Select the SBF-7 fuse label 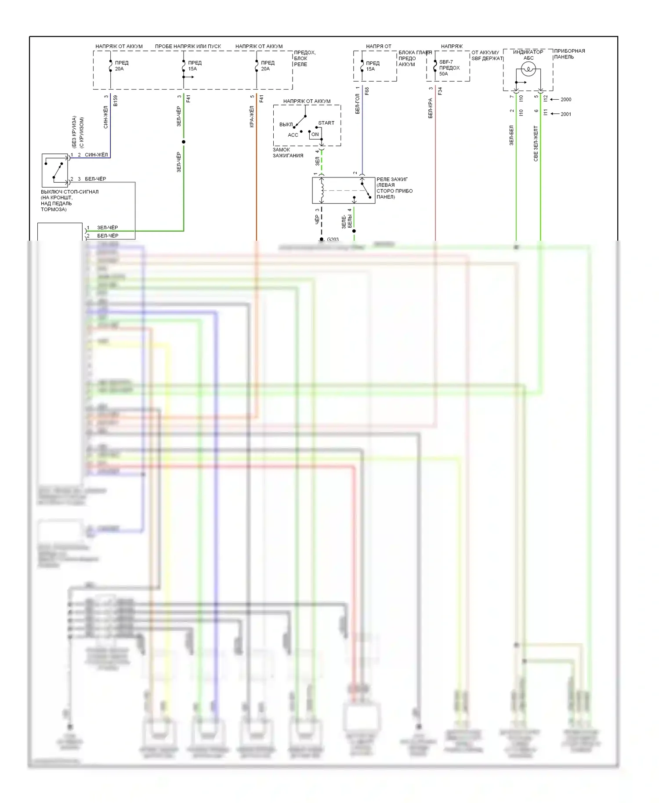[446, 62]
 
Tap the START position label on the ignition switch [326, 123]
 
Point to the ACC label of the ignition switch [293, 135]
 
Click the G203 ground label [333, 240]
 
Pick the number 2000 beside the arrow [566, 100]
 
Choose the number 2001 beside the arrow [566, 114]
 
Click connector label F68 [367, 91]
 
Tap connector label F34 [440, 91]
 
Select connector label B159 [116, 101]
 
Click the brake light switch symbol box [55, 170]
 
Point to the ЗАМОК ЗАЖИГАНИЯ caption [288, 152]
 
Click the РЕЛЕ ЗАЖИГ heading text [392, 179]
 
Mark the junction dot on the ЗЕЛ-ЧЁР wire [184, 142]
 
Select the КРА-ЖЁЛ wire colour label [252, 116]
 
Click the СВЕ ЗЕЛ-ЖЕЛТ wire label [536, 143]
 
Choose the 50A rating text [444, 74]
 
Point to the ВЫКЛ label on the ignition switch [286, 125]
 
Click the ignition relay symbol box [343, 191]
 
